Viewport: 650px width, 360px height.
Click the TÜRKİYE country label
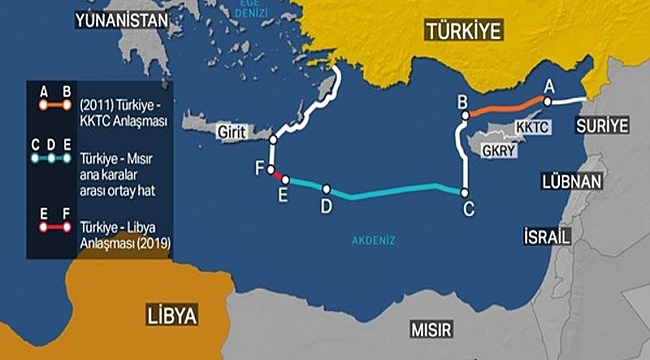(462, 31)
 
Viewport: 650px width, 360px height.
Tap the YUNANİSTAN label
(117, 17)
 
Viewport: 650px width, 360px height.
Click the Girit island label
(230, 131)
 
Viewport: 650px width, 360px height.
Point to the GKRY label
(497, 152)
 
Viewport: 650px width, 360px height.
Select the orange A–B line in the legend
(53, 103)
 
